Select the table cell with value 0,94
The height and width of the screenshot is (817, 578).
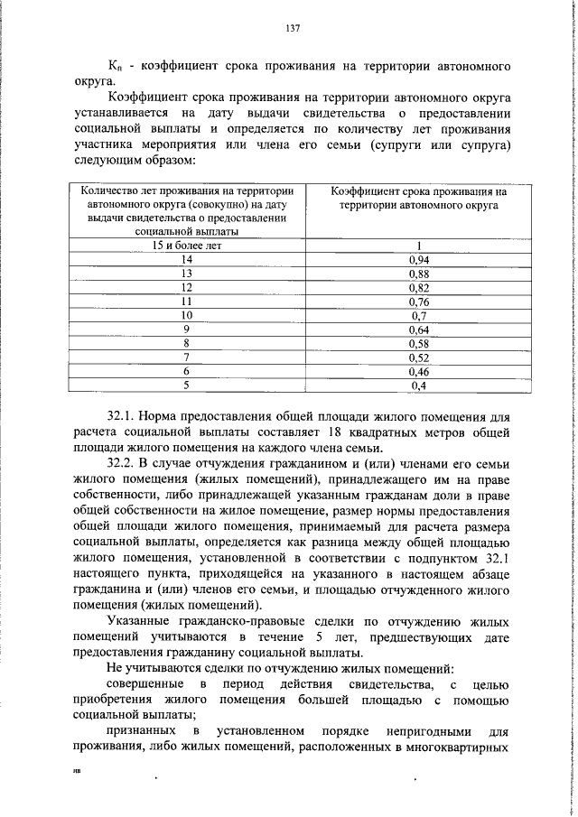418,258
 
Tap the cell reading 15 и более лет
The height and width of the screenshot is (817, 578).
187,245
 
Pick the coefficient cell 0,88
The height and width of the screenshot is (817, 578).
418,273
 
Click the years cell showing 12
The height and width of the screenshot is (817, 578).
187,286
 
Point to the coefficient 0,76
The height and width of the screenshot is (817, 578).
418,301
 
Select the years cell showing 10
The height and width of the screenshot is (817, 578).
187,315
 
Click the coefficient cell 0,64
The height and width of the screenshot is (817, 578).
418,330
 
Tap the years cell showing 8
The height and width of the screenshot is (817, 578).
187,343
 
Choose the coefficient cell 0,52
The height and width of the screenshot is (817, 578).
418,357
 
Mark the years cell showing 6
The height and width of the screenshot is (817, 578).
187,371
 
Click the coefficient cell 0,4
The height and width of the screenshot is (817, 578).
418,385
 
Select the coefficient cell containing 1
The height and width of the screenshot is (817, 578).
419,245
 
